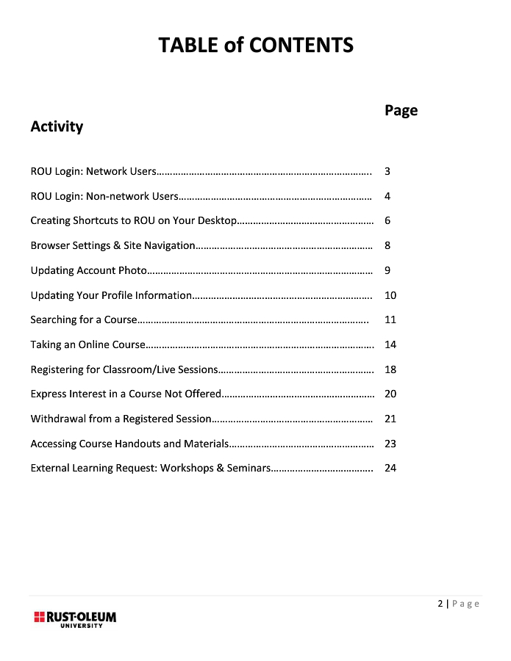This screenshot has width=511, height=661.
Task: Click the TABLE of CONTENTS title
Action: (x=256, y=46)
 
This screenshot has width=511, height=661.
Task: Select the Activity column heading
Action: (x=57, y=126)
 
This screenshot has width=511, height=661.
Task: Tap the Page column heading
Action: (x=401, y=110)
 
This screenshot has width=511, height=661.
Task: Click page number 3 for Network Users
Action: (x=387, y=172)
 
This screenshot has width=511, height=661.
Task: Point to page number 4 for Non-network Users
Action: (x=387, y=196)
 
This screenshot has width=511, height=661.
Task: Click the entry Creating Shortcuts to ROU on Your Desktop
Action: (x=134, y=221)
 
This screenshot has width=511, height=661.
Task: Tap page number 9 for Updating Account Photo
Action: (x=387, y=270)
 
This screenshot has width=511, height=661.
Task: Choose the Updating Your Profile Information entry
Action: (x=111, y=295)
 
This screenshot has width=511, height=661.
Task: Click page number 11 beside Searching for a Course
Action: (x=390, y=319)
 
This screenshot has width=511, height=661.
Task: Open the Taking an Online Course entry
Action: (x=87, y=344)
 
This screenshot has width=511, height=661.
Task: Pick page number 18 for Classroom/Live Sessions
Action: (x=390, y=369)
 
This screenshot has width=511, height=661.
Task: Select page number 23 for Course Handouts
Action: (x=390, y=444)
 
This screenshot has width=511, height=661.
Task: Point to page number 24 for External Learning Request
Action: (x=390, y=468)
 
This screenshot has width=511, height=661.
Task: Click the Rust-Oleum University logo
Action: (x=74, y=618)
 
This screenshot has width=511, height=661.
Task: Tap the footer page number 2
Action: (x=440, y=604)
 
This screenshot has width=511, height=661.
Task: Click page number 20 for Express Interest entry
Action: (x=390, y=394)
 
